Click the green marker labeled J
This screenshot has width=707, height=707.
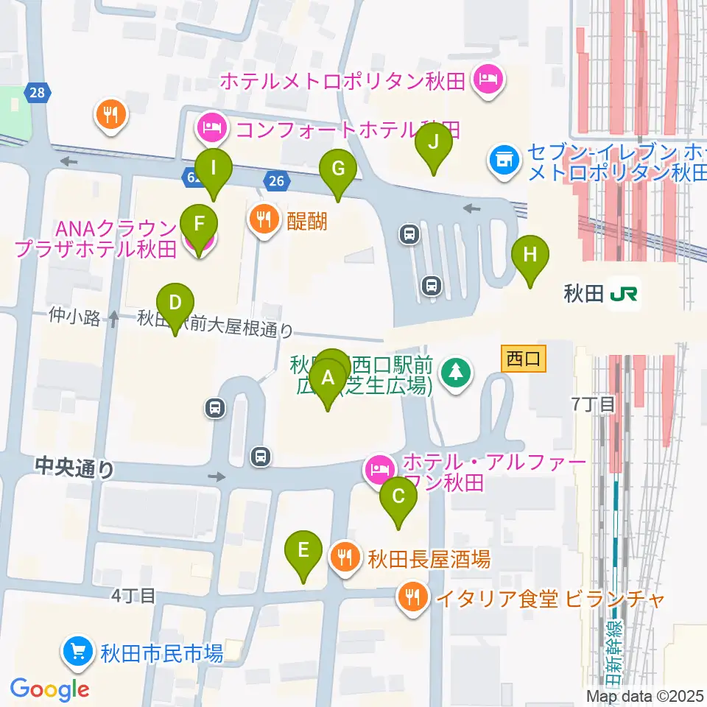click(433, 143)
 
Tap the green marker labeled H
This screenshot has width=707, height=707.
click(531, 256)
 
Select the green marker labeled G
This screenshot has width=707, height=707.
click(338, 169)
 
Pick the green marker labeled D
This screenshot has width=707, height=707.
click(175, 303)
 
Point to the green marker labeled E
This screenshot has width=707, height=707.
click(303, 551)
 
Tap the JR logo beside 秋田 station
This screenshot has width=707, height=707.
click(624, 295)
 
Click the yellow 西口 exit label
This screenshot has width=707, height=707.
click(523, 359)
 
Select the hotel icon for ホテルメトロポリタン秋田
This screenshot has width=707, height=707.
click(488, 77)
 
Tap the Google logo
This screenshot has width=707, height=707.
click(49, 689)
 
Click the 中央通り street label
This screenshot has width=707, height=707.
click(74, 468)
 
